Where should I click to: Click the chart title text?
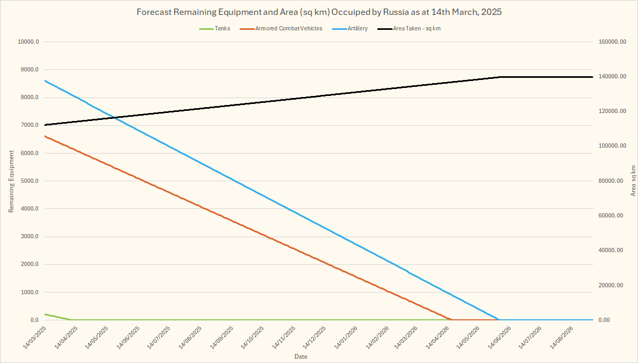click(x=319, y=12)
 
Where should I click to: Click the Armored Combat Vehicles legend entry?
click(x=289, y=28)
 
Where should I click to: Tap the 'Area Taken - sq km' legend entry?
click(x=417, y=28)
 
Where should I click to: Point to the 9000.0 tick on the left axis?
click(x=29, y=70)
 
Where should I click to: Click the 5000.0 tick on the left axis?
click(x=29, y=181)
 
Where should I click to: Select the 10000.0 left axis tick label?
click(x=27, y=42)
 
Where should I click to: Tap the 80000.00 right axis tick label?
click(x=610, y=181)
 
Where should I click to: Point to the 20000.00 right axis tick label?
click(x=610, y=286)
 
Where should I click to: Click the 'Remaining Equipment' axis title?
click(x=11, y=181)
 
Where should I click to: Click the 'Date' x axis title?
click(x=301, y=356)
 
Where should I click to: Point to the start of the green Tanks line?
click(x=45, y=314)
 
